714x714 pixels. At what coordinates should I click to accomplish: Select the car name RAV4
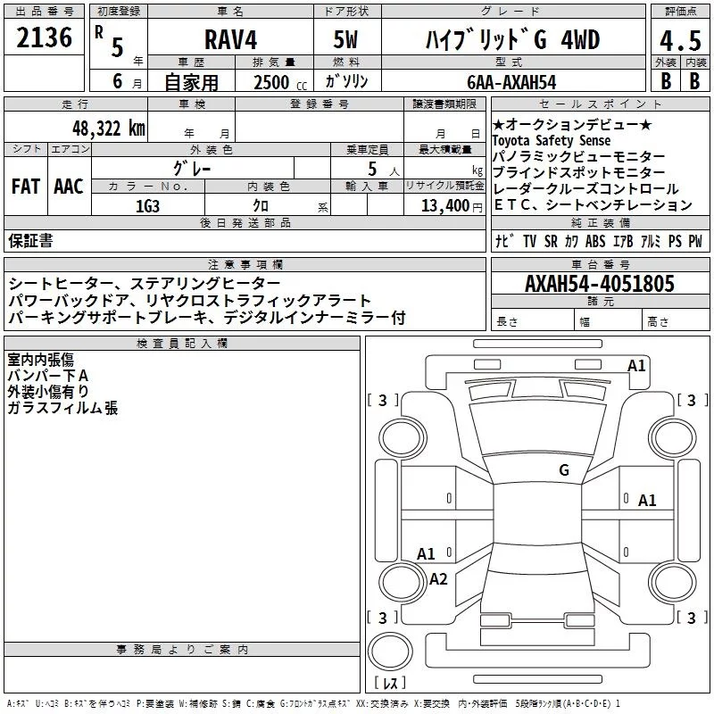[x=229, y=40]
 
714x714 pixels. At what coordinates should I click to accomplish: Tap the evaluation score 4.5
[x=677, y=41]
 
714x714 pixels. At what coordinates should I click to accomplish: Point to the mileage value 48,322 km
[x=103, y=128]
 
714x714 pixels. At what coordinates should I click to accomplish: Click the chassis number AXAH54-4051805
[x=599, y=284]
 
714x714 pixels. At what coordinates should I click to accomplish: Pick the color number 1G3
[x=147, y=205]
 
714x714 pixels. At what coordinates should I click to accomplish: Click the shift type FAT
[x=25, y=186]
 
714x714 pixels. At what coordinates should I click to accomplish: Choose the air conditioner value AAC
[x=68, y=186]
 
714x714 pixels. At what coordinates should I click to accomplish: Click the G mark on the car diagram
[x=564, y=470]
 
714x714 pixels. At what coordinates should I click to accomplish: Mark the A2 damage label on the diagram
[x=438, y=578]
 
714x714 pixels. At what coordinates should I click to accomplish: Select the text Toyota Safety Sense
[x=552, y=141]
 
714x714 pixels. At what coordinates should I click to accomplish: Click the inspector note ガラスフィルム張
[x=62, y=408]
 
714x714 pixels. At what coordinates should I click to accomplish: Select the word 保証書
[x=30, y=241]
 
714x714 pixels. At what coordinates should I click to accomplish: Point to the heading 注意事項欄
[x=245, y=265]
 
